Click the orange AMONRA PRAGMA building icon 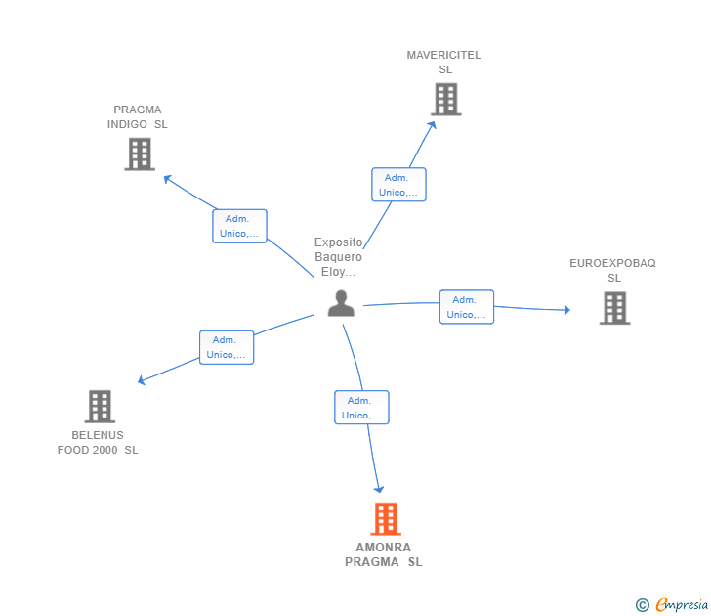coord(386,518)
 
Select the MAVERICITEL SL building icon coord(446,99)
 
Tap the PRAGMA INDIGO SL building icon coord(140,154)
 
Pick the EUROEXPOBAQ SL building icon coord(615,308)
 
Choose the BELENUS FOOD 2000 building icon coord(100,407)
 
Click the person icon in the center coord(341,303)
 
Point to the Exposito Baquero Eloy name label coord(338,257)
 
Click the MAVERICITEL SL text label coord(443,63)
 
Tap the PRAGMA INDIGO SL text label coord(138,117)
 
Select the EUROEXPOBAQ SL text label coord(612,270)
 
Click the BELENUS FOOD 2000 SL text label coord(98,443)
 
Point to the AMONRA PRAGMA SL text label coord(384,554)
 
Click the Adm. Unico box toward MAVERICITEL coord(398,184)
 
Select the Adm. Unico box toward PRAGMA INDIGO coord(239,226)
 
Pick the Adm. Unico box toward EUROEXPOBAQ coord(467,307)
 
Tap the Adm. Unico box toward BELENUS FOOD coord(227,347)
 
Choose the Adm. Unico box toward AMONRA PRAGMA coord(361,408)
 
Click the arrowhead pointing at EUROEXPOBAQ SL coord(566,310)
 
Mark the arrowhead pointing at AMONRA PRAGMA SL coord(379,489)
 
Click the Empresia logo coord(672,604)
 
